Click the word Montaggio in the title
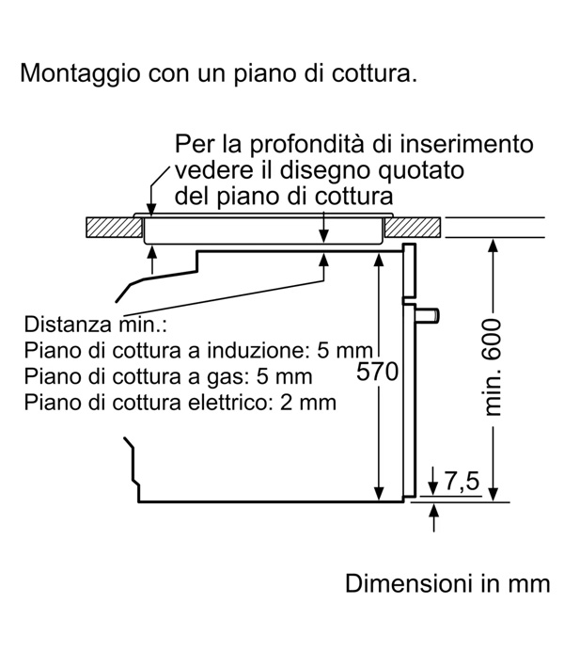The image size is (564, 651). [80, 74]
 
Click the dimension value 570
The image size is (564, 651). [377, 372]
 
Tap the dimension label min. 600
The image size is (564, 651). [493, 367]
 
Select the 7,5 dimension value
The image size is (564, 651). [462, 481]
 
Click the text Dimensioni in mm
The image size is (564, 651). [447, 583]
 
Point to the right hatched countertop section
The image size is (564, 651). [413, 228]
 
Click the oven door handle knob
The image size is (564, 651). [427, 315]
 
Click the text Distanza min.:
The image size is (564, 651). [95, 324]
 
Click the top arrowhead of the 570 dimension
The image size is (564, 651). [379, 259]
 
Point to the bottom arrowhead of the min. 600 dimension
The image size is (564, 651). [493, 495]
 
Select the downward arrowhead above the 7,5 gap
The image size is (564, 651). [433, 488]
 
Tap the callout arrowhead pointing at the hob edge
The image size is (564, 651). [152, 210]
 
